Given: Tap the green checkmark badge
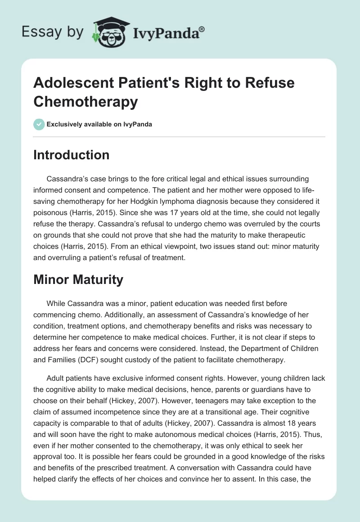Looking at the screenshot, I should pos(39,124).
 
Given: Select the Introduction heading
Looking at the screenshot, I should pos(72,155).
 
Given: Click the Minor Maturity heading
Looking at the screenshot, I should pos(78,279).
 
